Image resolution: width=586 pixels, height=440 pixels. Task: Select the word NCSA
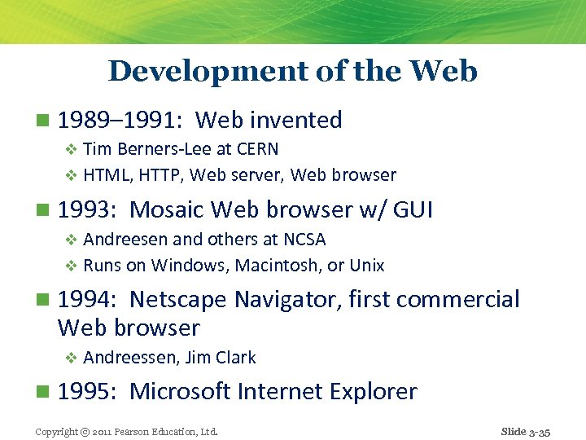(x=304, y=240)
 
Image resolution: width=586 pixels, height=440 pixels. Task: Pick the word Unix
(x=366, y=266)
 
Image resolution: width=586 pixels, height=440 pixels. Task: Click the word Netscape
(x=178, y=300)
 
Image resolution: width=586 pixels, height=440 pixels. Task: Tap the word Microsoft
(x=180, y=392)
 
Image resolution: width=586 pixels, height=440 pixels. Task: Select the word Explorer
(x=374, y=392)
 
